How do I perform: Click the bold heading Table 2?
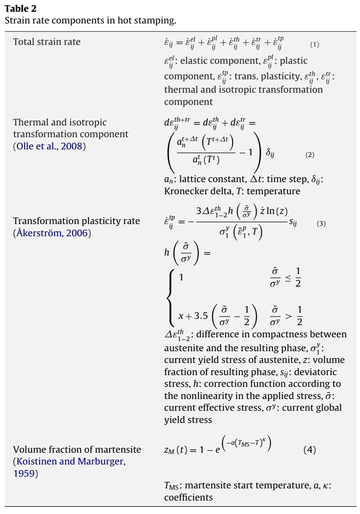tap(21, 8)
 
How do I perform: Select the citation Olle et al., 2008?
tap(50, 146)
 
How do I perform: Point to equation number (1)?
tap(315, 44)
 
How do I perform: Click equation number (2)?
tap(310, 155)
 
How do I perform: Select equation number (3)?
tap(321, 224)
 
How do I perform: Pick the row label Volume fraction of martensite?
tap(77, 450)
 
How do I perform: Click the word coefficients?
tap(188, 498)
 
